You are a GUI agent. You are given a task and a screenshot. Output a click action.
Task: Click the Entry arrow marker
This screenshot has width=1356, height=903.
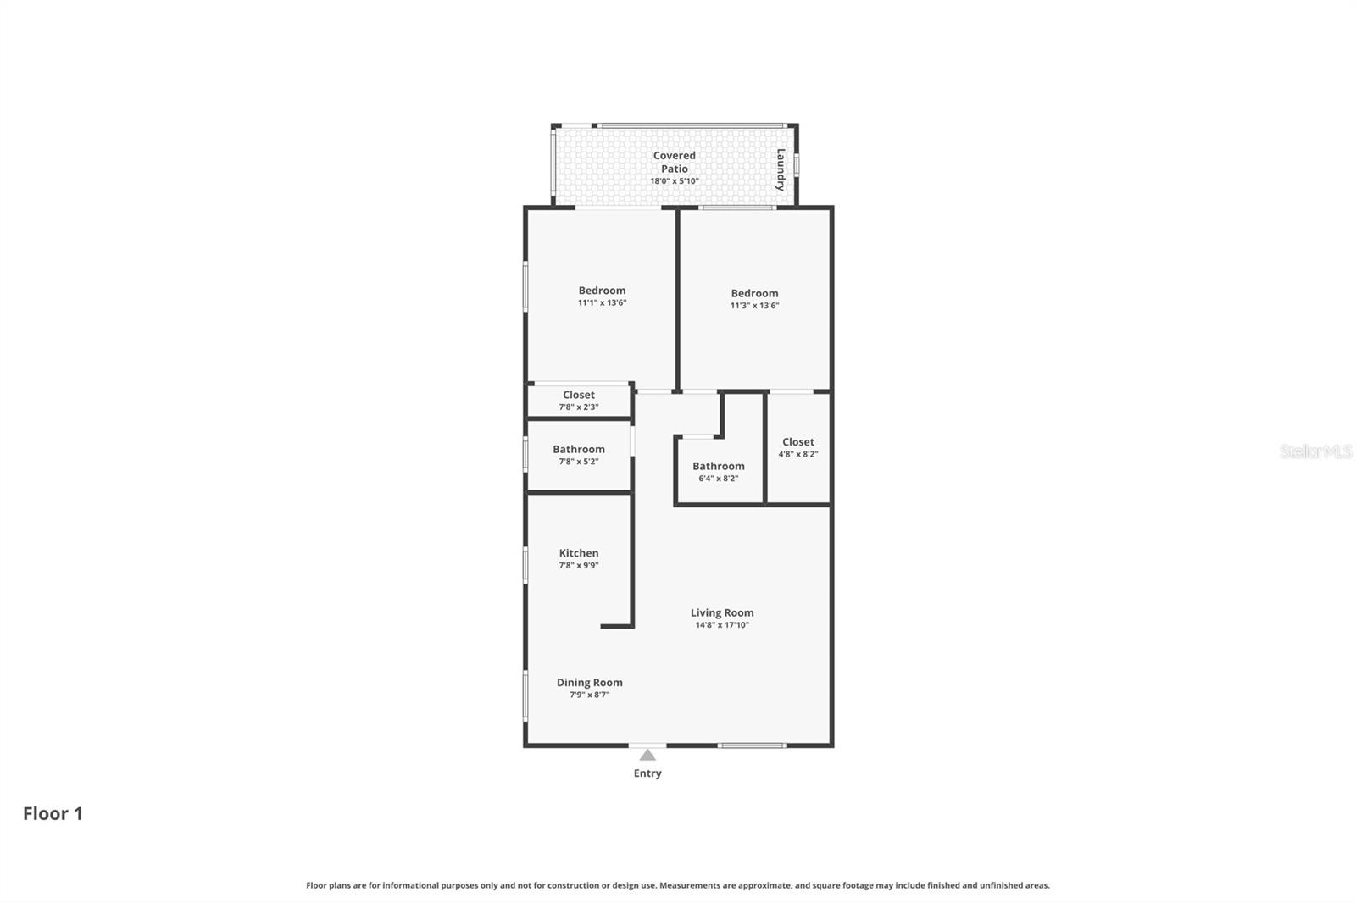[647, 755]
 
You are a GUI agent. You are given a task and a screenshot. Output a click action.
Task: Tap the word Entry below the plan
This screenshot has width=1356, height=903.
[647, 773]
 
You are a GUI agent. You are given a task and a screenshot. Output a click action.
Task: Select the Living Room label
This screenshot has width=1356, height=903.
[722, 612]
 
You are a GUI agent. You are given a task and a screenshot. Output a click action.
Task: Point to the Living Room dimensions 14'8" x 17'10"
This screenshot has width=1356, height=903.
[722, 625]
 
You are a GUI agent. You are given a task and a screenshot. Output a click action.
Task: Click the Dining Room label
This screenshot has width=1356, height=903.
[590, 682]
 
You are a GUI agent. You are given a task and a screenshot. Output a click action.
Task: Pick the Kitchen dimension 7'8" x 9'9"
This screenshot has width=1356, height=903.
[579, 565]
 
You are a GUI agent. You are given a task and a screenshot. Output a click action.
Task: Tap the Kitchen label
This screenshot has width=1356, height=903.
[579, 553]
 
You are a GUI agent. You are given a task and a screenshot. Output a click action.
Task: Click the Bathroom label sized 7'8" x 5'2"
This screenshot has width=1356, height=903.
[579, 449]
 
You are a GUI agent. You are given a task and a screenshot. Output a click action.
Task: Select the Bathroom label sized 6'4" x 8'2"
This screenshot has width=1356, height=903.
[719, 466]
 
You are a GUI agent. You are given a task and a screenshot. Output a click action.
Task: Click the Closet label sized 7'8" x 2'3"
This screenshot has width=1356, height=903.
[579, 395]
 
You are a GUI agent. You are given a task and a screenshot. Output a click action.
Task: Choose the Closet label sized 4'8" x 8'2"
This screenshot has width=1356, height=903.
[798, 441]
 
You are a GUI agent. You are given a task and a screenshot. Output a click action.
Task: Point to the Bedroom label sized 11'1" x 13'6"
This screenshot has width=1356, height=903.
[603, 291]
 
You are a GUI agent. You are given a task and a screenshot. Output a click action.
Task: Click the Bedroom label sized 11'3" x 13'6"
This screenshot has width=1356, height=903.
[755, 293]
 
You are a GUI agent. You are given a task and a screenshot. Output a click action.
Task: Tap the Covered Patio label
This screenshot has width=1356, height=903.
[675, 162]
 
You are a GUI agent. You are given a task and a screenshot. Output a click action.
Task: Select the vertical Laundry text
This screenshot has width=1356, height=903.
[781, 169]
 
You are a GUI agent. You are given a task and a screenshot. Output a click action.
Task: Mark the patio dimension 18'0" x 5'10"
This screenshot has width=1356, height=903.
[675, 181]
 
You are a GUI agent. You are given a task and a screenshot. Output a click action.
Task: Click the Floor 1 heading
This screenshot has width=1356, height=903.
[53, 813]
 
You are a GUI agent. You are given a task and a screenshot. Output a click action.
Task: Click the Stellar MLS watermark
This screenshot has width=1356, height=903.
[1316, 451]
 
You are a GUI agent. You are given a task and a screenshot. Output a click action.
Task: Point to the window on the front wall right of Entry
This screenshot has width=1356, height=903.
[753, 745]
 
